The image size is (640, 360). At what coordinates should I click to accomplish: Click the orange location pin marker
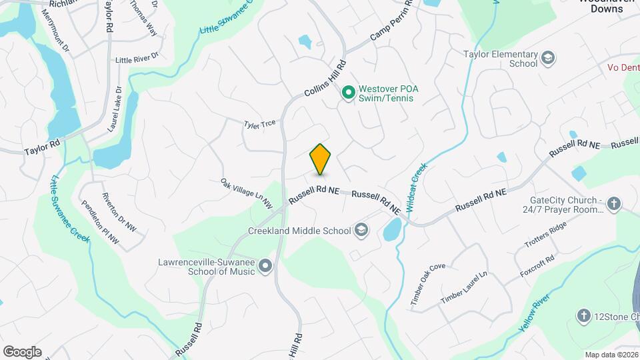point(321,159)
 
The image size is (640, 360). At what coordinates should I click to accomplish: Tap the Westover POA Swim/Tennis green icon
point(347,93)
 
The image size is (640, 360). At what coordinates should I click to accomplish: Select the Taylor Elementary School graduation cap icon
point(548,58)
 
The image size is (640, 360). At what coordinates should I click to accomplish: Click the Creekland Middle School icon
point(361,231)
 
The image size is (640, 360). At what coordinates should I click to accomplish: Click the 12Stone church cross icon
point(583,315)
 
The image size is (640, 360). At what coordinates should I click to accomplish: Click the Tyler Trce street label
point(259,124)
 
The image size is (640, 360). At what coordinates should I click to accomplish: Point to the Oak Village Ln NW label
point(247,192)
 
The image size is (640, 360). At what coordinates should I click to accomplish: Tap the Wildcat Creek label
point(413,189)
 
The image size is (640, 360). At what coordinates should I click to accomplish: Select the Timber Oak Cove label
point(428,285)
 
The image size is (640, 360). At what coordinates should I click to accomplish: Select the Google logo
point(22,351)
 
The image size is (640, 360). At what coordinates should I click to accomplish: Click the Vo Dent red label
point(623,67)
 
